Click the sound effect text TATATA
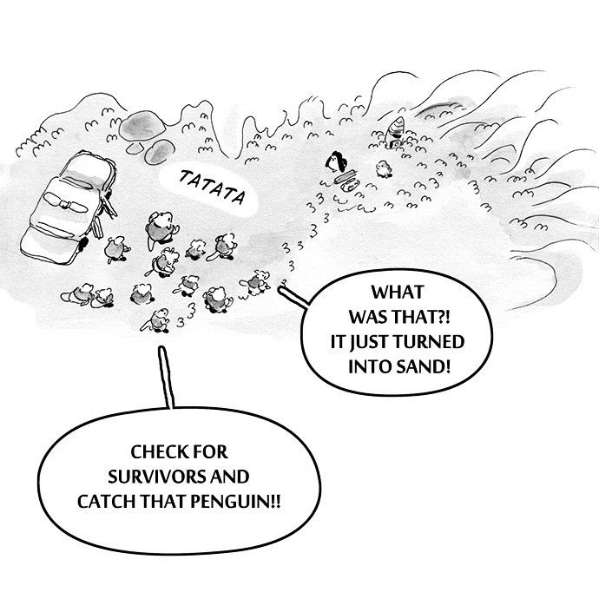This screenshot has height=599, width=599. tap(211, 188)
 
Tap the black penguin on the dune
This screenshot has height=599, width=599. tap(336, 161)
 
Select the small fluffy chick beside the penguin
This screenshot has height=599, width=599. tap(379, 168)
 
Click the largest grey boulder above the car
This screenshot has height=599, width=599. tap(139, 126)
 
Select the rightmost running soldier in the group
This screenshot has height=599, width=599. tap(258, 280)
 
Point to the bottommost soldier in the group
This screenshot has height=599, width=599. tap(159, 320)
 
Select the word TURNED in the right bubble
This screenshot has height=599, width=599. tap(432, 340)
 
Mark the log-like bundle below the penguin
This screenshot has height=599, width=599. tap(346, 180)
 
